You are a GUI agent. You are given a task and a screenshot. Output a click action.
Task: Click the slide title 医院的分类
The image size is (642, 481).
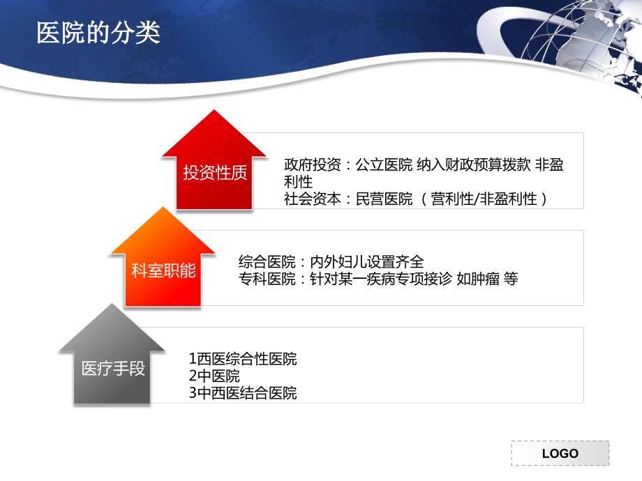pos(98,33)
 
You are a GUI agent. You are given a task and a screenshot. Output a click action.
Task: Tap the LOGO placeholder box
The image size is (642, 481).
pos(560,453)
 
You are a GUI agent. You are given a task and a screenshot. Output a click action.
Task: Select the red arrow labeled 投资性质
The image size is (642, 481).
pos(214,160)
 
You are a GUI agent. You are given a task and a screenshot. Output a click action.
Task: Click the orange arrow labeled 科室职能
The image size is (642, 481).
pos(163,257)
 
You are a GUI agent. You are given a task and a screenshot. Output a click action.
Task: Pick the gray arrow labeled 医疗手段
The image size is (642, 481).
pos(112,354)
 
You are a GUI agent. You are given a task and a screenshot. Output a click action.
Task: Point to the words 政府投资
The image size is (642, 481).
pos(313,165)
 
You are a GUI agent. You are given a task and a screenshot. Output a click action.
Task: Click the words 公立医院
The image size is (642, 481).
pos(384,165)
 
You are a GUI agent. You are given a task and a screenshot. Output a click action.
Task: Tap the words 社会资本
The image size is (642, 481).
pos(313,199)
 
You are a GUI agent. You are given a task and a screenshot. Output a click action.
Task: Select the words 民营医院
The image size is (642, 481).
pos(384,199)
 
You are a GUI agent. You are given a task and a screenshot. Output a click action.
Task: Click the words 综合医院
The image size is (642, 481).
pos(267,262)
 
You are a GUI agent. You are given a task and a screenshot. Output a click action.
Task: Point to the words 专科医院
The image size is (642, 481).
pos(267,279)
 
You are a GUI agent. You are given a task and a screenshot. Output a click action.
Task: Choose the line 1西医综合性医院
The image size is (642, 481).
pos(243,359)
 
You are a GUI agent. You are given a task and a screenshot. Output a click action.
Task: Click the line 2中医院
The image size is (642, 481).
pos(214,376)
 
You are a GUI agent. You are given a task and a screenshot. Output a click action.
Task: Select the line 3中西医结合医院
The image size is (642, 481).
pos(243,393)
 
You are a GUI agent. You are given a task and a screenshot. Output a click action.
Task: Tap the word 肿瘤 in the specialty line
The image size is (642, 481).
pos(485,279)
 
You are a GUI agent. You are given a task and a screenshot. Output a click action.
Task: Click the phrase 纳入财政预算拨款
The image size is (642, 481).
pos(474,165)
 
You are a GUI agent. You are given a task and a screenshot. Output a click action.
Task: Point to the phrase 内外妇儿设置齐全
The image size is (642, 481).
pos(367,262)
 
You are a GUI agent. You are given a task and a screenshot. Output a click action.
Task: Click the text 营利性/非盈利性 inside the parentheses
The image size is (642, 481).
pos(484,199)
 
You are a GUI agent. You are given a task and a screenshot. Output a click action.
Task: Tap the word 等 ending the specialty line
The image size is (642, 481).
pos(511,279)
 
